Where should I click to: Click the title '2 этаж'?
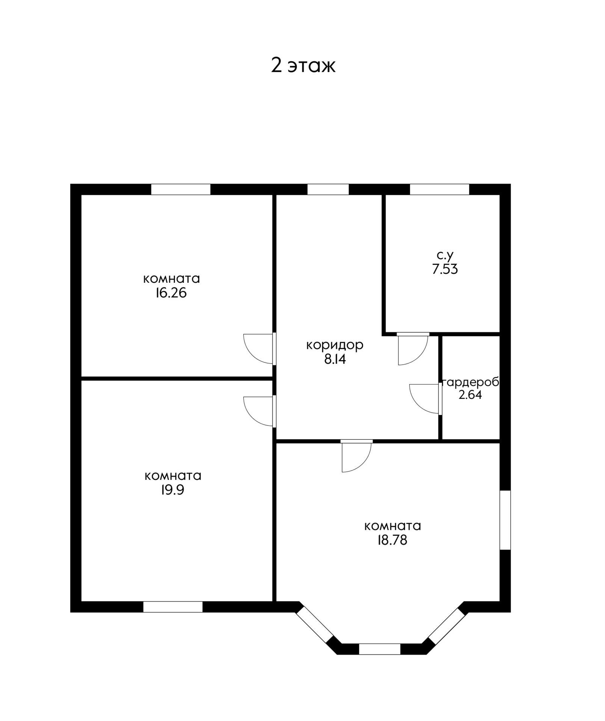click(303, 65)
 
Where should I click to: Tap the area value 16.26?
click(171, 293)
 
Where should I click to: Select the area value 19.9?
click(172, 490)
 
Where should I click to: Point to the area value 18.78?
click(392, 540)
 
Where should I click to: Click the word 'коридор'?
click(335, 345)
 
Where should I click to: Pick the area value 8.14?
click(335, 359)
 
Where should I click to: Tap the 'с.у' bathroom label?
click(445, 255)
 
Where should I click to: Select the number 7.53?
click(445, 270)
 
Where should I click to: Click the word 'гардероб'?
click(471, 382)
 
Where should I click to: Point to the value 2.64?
click(470, 395)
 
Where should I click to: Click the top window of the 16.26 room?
click(181, 189)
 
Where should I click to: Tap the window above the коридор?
click(328, 189)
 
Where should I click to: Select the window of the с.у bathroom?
click(439, 189)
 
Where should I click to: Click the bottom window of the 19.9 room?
click(173, 607)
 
